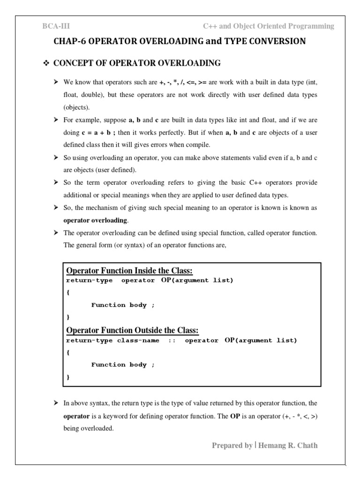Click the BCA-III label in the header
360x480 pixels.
56,26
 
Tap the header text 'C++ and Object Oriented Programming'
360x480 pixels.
269,26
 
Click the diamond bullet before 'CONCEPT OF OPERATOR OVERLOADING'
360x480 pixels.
46,63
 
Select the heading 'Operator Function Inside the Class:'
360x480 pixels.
130,271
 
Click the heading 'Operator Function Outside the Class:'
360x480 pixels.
133,330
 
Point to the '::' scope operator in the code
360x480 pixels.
172,341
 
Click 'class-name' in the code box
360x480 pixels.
138,341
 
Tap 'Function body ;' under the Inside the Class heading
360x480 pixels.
122,305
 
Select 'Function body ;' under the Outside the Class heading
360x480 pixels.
122,365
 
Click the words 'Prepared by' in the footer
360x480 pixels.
232,445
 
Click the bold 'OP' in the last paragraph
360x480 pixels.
235,415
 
